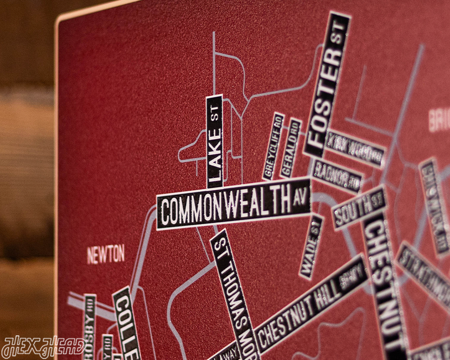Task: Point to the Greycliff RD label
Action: [x=273, y=146]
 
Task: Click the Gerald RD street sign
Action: [x=291, y=148]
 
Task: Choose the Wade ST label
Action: [x=311, y=247]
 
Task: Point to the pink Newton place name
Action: [x=106, y=254]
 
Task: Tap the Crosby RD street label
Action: [x=89, y=324]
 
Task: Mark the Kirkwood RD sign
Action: [x=354, y=148]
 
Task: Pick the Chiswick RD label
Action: [x=434, y=205]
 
